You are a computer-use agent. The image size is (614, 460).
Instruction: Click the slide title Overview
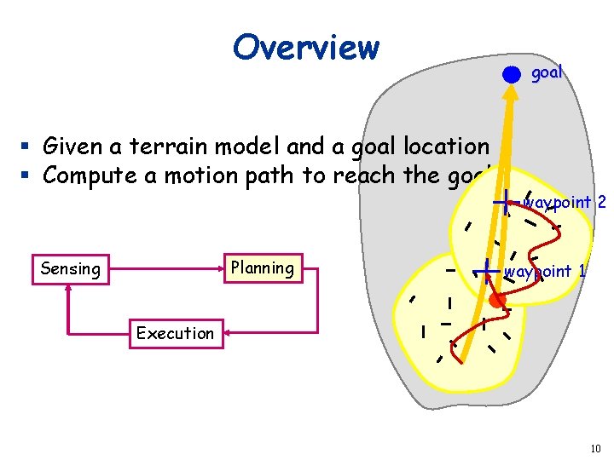[x=306, y=48]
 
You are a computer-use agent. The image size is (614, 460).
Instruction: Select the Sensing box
[x=70, y=269]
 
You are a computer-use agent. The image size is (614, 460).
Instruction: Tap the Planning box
[x=262, y=268]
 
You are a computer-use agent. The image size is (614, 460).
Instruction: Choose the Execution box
[x=175, y=333]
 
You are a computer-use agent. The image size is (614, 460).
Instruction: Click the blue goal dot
[x=511, y=74]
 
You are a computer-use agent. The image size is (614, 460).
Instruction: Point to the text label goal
[x=547, y=73]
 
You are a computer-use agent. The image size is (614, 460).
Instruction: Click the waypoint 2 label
[x=565, y=203]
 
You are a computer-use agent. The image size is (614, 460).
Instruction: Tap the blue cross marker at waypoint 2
[x=507, y=203]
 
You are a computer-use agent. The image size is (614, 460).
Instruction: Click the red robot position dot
[x=497, y=301]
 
